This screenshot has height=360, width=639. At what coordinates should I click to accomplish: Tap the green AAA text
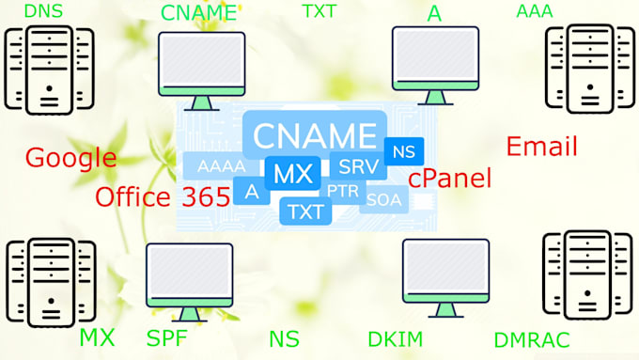[x=535, y=11]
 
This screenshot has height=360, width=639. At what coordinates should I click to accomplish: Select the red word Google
[x=70, y=158]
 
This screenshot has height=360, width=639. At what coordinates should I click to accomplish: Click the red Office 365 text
[x=163, y=197]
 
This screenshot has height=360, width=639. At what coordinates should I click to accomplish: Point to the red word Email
[x=541, y=147]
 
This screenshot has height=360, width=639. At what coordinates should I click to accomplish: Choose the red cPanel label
[x=449, y=179]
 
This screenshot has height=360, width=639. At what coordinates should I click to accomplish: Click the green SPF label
[x=167, y=338]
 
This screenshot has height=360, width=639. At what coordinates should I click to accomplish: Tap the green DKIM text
[x=396, y=338]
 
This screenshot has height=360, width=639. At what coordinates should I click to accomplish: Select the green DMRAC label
[x=531, y=339]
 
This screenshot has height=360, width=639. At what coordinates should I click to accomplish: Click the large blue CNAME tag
[x=315, y=134]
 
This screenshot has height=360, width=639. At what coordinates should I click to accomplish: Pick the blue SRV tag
[x=358, y=167]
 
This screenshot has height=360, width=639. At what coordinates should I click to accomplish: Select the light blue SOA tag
[x=383, y=199]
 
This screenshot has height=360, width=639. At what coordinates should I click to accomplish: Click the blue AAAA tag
[x=222, y=166]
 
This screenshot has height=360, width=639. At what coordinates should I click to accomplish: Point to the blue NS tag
[x=404, y=151]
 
